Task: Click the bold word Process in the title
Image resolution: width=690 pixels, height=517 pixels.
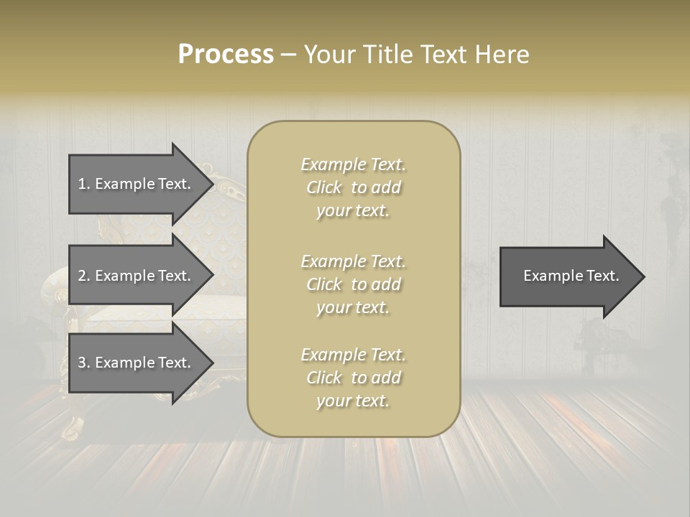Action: [226, 54]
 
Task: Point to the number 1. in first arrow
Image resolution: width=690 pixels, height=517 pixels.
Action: [84, 184]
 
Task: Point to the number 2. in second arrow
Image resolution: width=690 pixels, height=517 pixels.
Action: [84, 276]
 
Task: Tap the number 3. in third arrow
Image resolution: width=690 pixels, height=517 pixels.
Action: [84, 363]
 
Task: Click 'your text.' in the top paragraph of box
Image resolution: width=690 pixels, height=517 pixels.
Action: [353, 211]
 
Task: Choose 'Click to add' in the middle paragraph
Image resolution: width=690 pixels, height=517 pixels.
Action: [353, 284]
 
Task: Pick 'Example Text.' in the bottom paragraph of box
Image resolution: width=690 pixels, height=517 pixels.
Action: [353, 355]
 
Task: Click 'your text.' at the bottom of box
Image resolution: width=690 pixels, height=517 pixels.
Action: [353, 401]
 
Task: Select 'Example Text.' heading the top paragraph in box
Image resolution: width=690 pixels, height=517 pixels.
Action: [353, 164]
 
